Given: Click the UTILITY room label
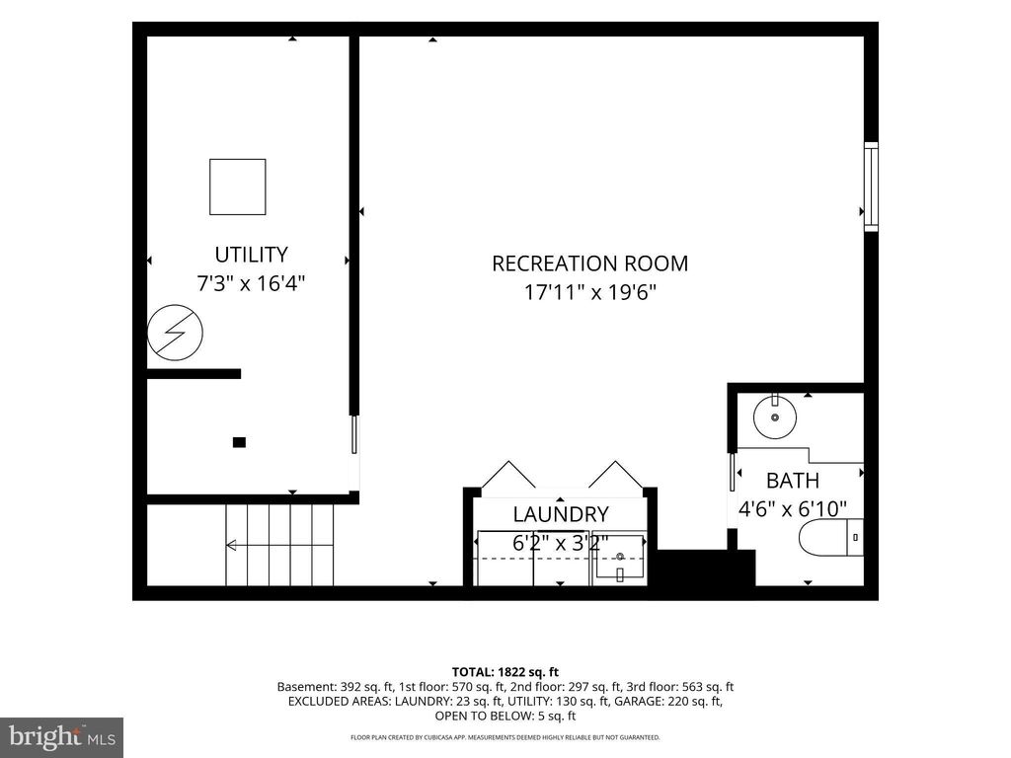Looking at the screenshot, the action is coord(251,255).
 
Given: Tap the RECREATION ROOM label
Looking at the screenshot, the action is coord(590,264).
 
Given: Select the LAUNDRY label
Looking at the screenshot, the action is coord(561,514).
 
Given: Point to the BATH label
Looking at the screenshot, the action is coord(793,481).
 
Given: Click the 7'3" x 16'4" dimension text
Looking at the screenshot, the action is coord(251,283).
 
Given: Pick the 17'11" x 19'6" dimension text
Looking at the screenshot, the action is coord(590,292).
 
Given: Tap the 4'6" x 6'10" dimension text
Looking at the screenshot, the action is coord(793,509).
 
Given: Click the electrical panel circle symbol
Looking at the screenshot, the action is coord(175,333).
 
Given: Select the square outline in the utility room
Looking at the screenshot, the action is coord(237,187).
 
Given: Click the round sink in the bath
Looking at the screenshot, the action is coord(775,417).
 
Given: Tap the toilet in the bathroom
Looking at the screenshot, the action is coord(831,537).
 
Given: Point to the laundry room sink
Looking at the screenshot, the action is coord(620,557).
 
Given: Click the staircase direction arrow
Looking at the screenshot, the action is coord(279,545).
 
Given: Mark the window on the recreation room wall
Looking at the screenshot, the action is coord(871,187).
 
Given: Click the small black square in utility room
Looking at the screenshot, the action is coord(239,442).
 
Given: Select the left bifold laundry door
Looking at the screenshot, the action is coord(508,475).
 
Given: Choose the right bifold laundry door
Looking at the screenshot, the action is coord(616,475).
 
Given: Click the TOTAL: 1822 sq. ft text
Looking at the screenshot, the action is coord(505,672).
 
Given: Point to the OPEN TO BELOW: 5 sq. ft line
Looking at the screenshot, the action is coord(505,716).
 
